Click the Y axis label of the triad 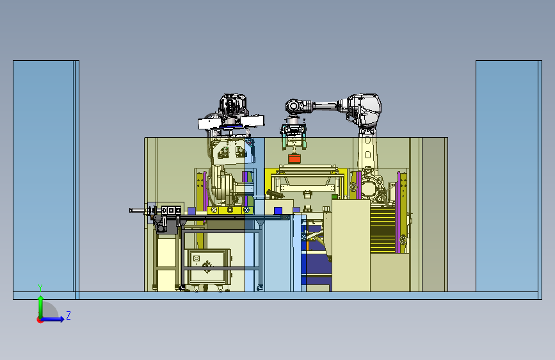(40, 288)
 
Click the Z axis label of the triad (68, 315)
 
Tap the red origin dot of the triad (40, 320)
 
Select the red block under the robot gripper (294, 158)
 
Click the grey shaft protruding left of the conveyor (138, 211)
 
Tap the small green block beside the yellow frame (335, 196)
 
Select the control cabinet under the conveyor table (208, 267)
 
